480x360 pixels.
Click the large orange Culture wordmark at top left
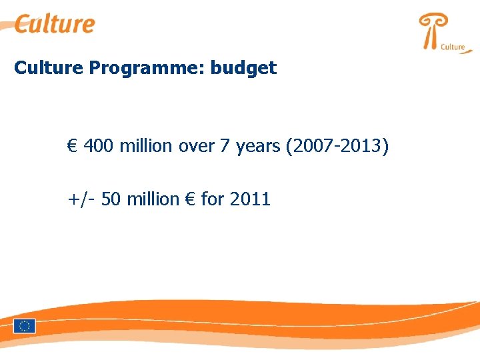pos(55,24)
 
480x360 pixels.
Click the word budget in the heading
pos(244,68)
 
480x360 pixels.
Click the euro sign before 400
pos(72,145)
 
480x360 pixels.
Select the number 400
pos(99,145)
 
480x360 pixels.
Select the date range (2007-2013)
pos(337,145)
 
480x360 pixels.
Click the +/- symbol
pos(81,199)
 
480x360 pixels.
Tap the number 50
pos(112,199)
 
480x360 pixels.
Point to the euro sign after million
pos(189,199)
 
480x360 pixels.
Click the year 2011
pos(249,199)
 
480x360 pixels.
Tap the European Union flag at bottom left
pos(25,326)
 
